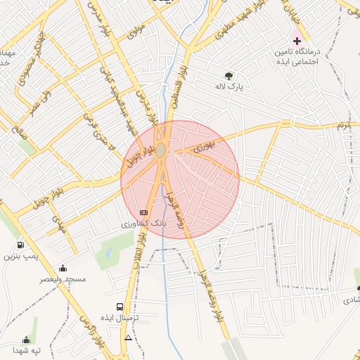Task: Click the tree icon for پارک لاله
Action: tap(229, 75)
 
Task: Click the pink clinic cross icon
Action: tap(297, 40)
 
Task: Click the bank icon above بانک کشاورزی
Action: tap(143, 212)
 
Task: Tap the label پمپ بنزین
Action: tap(20, 257)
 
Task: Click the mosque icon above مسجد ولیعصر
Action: tap(63, 268)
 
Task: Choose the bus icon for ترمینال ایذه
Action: tap(120, 307)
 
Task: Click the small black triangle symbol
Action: tap(128, 338)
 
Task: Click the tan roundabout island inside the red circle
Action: tap(161, 150)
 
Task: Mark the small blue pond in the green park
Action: tap(109, 247)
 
